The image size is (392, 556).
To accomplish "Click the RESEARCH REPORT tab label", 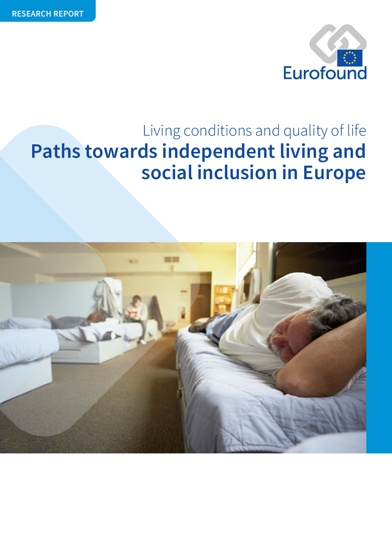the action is (48, 13).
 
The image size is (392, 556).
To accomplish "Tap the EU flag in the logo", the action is (349, 58).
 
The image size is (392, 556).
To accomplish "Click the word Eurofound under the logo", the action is (325, 73).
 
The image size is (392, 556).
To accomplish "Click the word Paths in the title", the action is (56, 151).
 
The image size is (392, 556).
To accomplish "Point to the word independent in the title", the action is (218, 151).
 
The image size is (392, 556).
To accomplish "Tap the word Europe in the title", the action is (334, 173).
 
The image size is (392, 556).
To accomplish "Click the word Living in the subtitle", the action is (162, 131).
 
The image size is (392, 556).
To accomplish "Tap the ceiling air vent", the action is (172, 260).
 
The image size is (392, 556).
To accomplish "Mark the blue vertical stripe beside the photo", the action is (379, 348).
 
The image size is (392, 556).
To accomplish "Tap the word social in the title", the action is (167, 173).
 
